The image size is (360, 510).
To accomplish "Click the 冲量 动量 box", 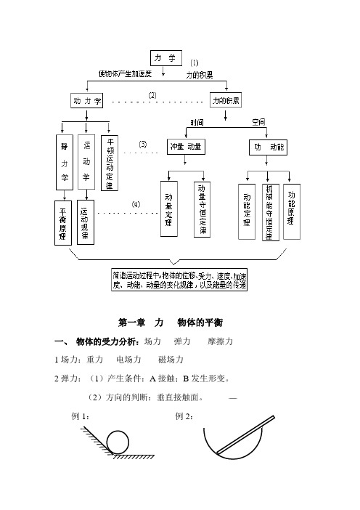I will coord(187,147).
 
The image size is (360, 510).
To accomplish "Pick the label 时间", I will coord(197,121).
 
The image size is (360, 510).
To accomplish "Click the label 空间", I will coord(258,121).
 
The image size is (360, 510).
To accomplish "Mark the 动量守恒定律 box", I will coord(202,209).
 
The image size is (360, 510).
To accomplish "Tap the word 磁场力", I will coord(171,359).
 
